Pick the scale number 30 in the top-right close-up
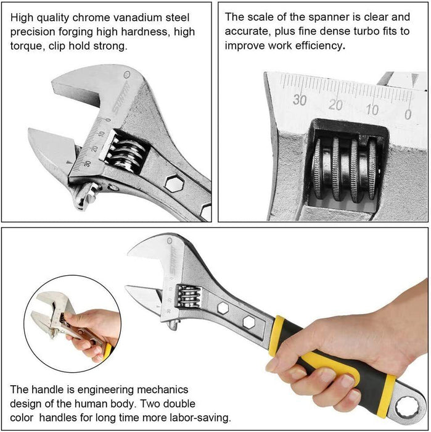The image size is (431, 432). click(300, 99)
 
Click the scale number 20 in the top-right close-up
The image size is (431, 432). click(335, 105)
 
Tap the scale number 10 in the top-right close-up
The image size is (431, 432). click(372, 110)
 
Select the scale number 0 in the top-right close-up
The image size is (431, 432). click(408, 114)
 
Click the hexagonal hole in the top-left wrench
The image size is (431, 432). click(174, 183)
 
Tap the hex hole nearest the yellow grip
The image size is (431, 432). click(249, 322)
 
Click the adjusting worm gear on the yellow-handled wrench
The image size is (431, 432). click(188, 296)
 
